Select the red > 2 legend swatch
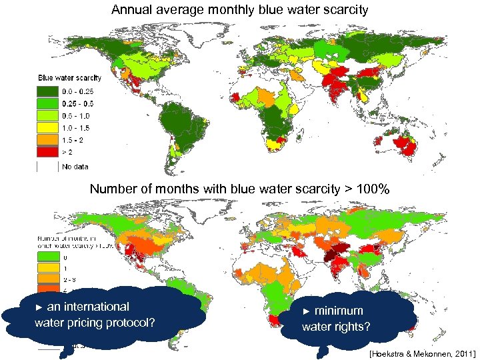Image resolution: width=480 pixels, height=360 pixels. pos(46,152)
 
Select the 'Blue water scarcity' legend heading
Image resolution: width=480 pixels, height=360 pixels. pos(70,79)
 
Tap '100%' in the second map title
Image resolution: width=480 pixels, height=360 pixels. pos(372,189)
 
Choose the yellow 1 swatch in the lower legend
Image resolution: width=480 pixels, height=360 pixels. pos(46,267)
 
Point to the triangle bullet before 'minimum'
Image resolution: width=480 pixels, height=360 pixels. pos(307,311)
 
